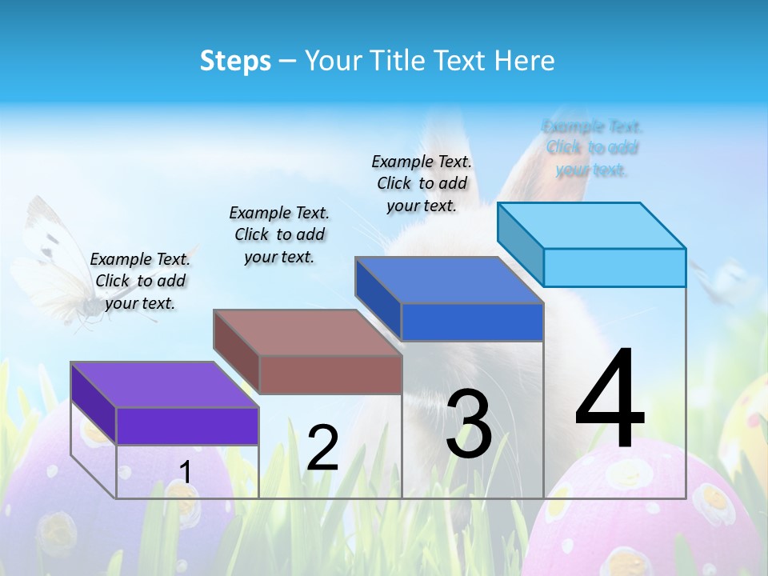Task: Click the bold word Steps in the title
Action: pos(235,61)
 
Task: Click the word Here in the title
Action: pos(525,61)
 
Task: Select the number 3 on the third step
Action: pos(468,424)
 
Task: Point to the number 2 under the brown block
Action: pos(322,448)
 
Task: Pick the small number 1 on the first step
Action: pos(186,472)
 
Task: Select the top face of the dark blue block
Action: pos(448,280)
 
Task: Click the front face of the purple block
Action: pos(187,426)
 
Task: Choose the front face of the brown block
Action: pos(330,374)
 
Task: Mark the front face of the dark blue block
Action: pos(472,322)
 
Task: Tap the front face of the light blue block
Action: pos(614,267)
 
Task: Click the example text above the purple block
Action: pos(140,281)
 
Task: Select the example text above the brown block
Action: pos(279,234)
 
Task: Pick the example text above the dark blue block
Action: pos(422,183)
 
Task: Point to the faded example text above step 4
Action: pos(592,148)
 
